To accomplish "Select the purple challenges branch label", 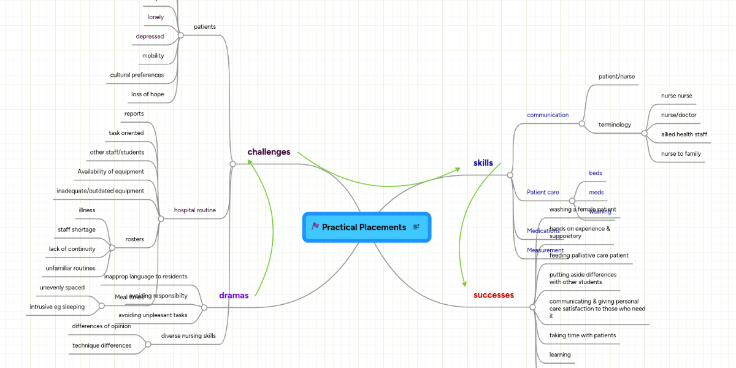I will click(x=269, y=151).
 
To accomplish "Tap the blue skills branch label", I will click(x=483, y=163).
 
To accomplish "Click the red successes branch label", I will click(x=493, y=295).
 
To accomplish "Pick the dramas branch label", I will click(x=234, y=295).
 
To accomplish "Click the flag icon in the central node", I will click(x=315, y=227).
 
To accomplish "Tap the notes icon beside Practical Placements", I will click(x=416, y=227).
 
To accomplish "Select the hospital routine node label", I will click(x=194, y=210).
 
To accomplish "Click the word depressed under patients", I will click(x=150, y=36).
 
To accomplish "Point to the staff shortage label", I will click(x=77, y=229).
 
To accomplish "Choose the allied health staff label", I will click(x=684, y=134).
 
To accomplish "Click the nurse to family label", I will click(x=681, y=153).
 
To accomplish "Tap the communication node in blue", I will click(x=548, y=115).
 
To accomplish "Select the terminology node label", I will click(x=615, y=125).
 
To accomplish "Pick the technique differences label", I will click(x=102, y=345).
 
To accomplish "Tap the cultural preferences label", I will click(x=137, y=75).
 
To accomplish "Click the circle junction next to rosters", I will click(x=112, y=248).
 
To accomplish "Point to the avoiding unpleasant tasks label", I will click(x=153, y=315).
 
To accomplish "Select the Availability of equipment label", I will click(x=110, y=171).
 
